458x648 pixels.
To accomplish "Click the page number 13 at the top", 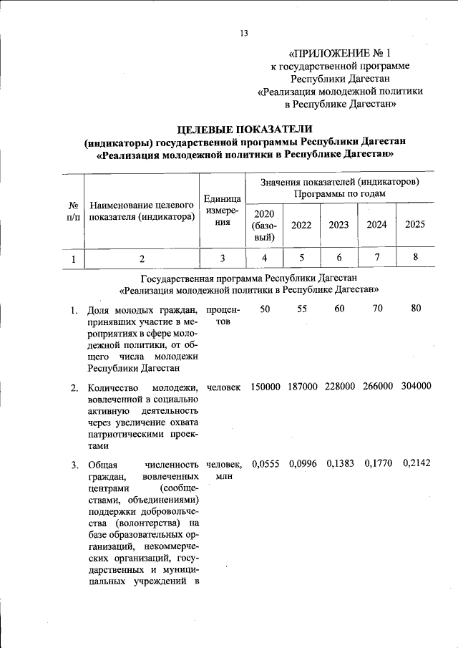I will click(x=244, y=34).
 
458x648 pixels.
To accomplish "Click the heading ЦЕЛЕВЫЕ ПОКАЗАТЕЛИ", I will click(x=244, y=129).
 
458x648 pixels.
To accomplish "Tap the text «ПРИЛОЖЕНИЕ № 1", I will click(x=340, y=53).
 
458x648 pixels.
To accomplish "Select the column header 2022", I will click(x=301, y=224).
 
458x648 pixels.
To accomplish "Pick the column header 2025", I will click(x=415, y=224).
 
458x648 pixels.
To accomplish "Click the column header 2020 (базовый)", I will click(x=264, y=224).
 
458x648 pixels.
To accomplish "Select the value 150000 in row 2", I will click(x=265, y=387).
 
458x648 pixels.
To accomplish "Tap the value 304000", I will click(x=416, y=387).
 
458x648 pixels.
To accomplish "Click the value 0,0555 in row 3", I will click(x=265, y=464).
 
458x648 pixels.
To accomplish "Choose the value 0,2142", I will click(x=416, y=464).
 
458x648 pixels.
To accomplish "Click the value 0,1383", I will click(x=340, y=464).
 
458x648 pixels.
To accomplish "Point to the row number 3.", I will click(x=74, y=465).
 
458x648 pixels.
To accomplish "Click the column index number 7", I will click(x=377, y=258).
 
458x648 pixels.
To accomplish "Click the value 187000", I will click(x=303, y=387).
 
